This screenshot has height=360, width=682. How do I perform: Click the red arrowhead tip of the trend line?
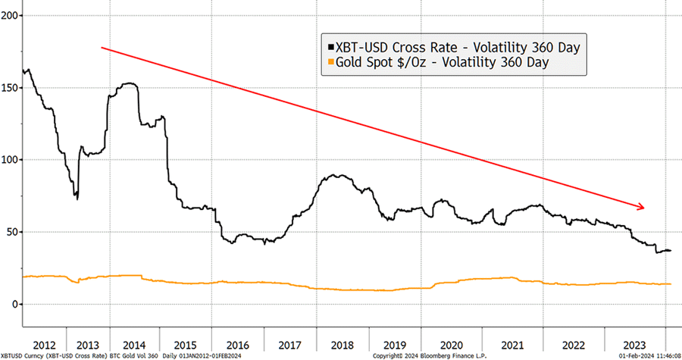point(645,208)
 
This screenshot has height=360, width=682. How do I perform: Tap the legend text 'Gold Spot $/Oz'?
point(379,64)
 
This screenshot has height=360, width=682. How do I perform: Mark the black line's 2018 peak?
point(334,176)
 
